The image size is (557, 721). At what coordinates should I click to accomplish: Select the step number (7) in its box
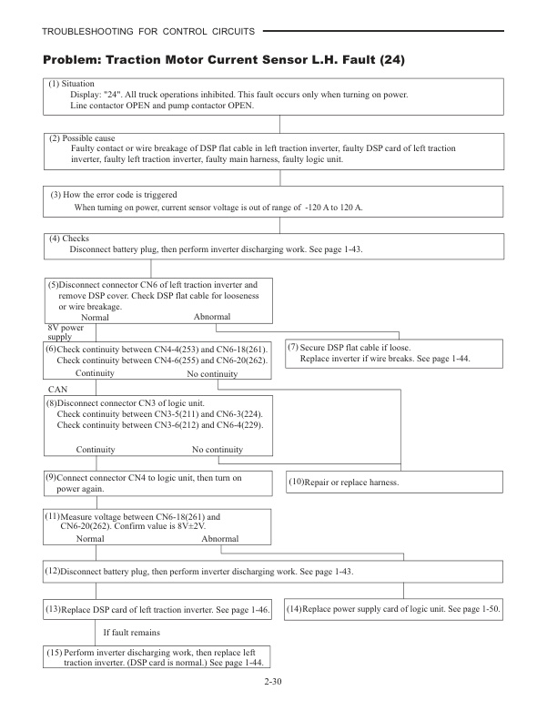[x=293, y=348]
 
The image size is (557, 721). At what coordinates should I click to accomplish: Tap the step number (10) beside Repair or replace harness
[x=297, y=481]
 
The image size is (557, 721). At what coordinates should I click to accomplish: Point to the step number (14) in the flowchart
[x=294, y=607]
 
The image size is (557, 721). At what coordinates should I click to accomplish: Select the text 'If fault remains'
[x=132, y=632]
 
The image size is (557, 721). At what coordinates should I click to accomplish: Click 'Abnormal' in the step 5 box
[x=212, y=317]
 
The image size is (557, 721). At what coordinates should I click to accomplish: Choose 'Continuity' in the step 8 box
[x=95, y=450]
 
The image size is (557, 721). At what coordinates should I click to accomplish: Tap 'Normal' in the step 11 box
[x=91, y=538]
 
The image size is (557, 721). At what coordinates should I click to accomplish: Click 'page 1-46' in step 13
[x=248, y=607]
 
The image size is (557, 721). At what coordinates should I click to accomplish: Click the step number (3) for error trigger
[x=56, y=195]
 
